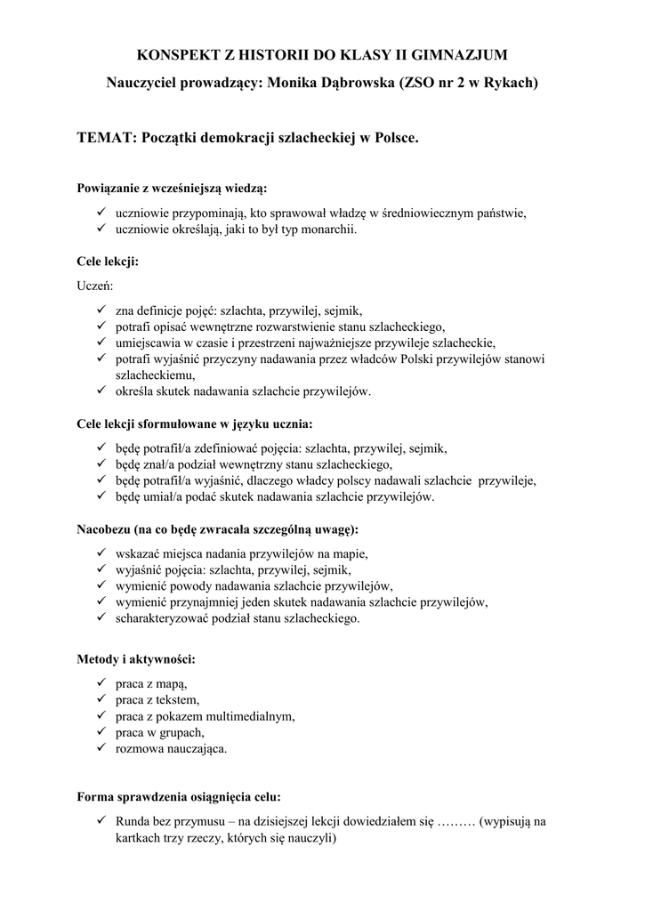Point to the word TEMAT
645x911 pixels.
tap(105, 139)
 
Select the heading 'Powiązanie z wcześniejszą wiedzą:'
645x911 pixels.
tap(173, 189)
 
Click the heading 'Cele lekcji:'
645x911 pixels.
tap(108, 262)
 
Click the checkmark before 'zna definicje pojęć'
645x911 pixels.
tap(101, 310)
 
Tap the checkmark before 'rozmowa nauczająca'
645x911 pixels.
tap(101, 749)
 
